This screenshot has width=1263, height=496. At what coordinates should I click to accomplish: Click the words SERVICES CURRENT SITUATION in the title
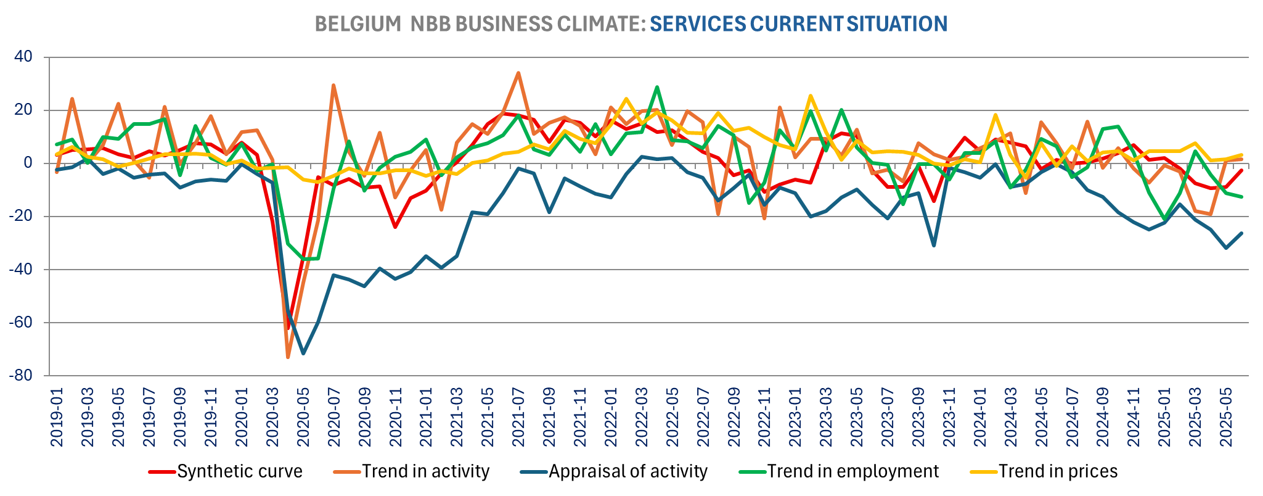pos(798,24)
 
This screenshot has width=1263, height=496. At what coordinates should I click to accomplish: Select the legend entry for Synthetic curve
pos(239,471)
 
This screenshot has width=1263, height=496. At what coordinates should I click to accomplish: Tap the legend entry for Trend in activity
pos(425,471)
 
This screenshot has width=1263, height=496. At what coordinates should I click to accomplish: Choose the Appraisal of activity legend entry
pos(627,471)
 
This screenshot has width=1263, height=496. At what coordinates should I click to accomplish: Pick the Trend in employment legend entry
pos(852,471)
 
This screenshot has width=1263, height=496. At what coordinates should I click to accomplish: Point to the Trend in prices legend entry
pos(1058,471)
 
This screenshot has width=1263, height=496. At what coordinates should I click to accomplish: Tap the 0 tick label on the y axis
pos(36,163)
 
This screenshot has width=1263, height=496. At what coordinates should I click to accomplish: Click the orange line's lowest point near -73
pos(288,357)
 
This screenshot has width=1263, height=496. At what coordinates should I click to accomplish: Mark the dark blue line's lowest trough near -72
pos(303,353)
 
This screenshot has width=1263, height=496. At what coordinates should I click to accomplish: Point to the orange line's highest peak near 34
pos(518,73)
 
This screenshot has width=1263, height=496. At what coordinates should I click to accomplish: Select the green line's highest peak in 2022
pos(657,87)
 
